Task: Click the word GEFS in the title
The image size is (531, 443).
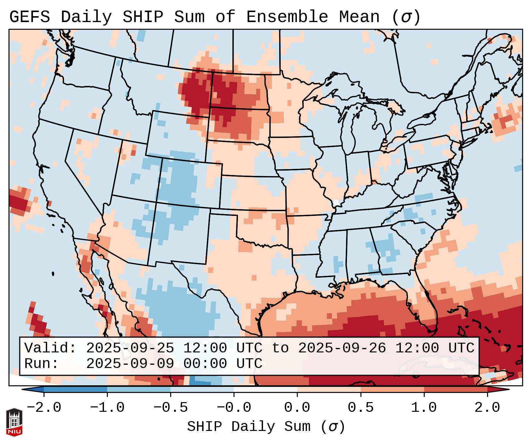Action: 29,17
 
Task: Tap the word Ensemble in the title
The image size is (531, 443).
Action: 287,17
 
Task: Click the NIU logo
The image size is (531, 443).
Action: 14,422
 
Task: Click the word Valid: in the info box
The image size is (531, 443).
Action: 50,348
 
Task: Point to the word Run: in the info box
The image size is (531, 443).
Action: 42,364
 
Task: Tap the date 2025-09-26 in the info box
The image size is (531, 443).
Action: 342,348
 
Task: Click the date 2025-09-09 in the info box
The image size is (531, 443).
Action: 130,364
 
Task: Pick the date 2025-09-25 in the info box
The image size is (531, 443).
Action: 130,348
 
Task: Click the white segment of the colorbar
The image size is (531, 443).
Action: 265,389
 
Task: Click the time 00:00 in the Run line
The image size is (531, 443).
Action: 205,364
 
